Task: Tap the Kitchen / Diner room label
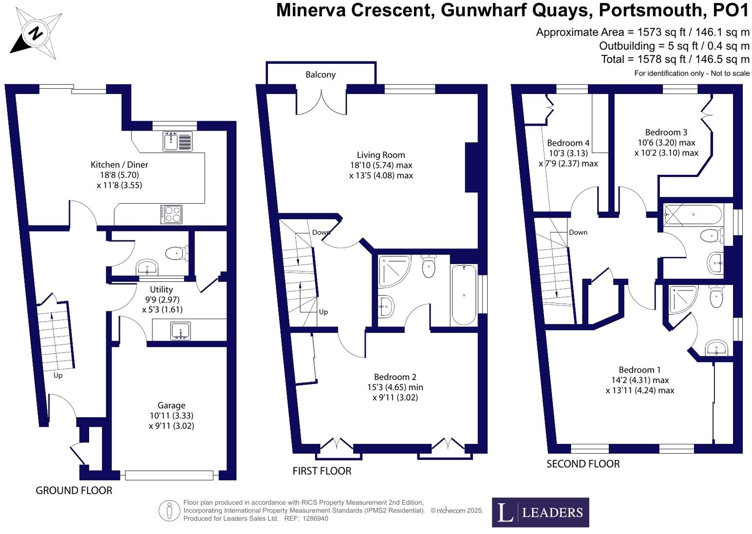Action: pyautogui.click(x=119, y=165)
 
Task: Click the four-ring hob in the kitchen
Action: pyautogui.click(x=171, y=214)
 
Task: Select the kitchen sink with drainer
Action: pyautogui.click(x=178, y=141)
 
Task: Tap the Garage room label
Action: pyautogui.click(x=171, y=405)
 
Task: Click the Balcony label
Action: pyautogui.click(x=320, y=75)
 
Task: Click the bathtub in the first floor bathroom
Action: pyautogui.click(x=464, y=294)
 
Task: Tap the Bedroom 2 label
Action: pyautogui.click(x=395, y=377)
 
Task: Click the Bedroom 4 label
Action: pyautogui.click(x=568, y=143)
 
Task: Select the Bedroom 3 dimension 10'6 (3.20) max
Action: pyautogui.click(x=666, y=143)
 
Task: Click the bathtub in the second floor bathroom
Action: pyautogui.click(x=694, y=214)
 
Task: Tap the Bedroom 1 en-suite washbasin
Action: pyautogui.click(x=716, y=348)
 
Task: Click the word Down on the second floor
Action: pyautogui.click(x=578, y=232)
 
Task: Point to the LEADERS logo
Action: pyautogui.click(x=540, y=512)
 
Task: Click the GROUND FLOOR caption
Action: pyautogui.click(x=74, y=491)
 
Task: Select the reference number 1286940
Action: pyautogui.click(x=315, y=518)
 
